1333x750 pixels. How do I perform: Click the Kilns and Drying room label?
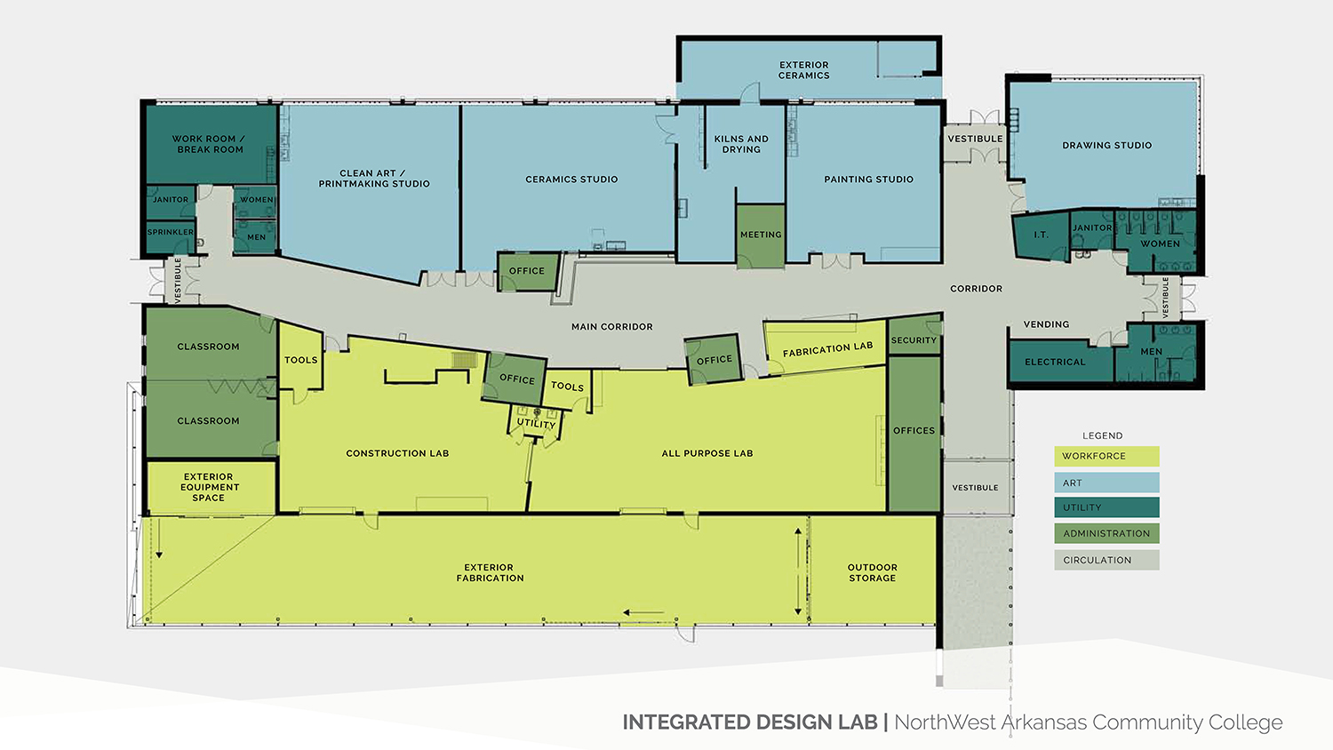pos(741,144)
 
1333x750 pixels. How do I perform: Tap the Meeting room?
pos(761,235)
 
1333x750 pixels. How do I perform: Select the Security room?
pos(914,336)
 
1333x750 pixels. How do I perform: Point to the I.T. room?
pos(1041,235)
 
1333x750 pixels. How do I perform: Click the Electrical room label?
pos(1055,362)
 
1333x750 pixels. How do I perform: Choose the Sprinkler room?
pos(171,236)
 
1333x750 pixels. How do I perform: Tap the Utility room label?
pos(536,423)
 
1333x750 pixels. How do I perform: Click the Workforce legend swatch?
pos(1107,457)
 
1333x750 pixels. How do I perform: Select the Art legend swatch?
pos(1107,483)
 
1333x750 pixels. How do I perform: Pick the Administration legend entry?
pos(1107,533)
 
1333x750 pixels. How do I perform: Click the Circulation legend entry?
pos(1107,560)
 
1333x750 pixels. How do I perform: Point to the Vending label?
pos(1046,324)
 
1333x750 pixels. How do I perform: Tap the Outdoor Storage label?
pos(873,572)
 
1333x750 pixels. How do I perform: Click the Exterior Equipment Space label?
pos(209,487)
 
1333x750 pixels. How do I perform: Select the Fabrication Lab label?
pos(827,349)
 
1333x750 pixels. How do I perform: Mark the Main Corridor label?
pos(611,327)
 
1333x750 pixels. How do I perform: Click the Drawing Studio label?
pos(1107,145)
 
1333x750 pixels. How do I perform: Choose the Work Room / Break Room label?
pos(210,144)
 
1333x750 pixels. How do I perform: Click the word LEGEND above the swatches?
pos(1102,435)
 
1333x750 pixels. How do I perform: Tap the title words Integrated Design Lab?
pos(750,722)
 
